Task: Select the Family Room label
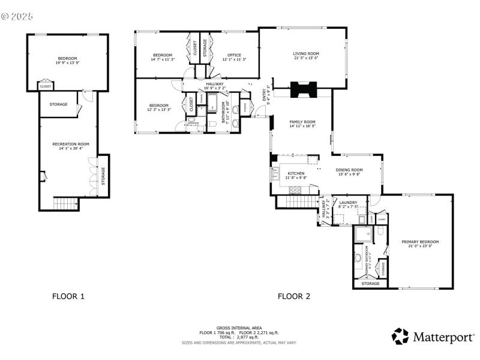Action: point(302,122)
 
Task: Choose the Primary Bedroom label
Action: point(419,242)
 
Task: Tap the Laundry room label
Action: point(348,203)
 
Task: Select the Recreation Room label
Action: point(70,144)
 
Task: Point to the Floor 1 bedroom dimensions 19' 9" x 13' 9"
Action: point(67,62)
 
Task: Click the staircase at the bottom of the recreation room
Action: point(66,204)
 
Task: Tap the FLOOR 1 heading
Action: point(68,296)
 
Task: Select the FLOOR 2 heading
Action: point(294,296)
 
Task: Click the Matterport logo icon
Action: point(400,336)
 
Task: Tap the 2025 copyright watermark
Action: point(17,16)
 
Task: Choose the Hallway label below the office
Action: point(214,84)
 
